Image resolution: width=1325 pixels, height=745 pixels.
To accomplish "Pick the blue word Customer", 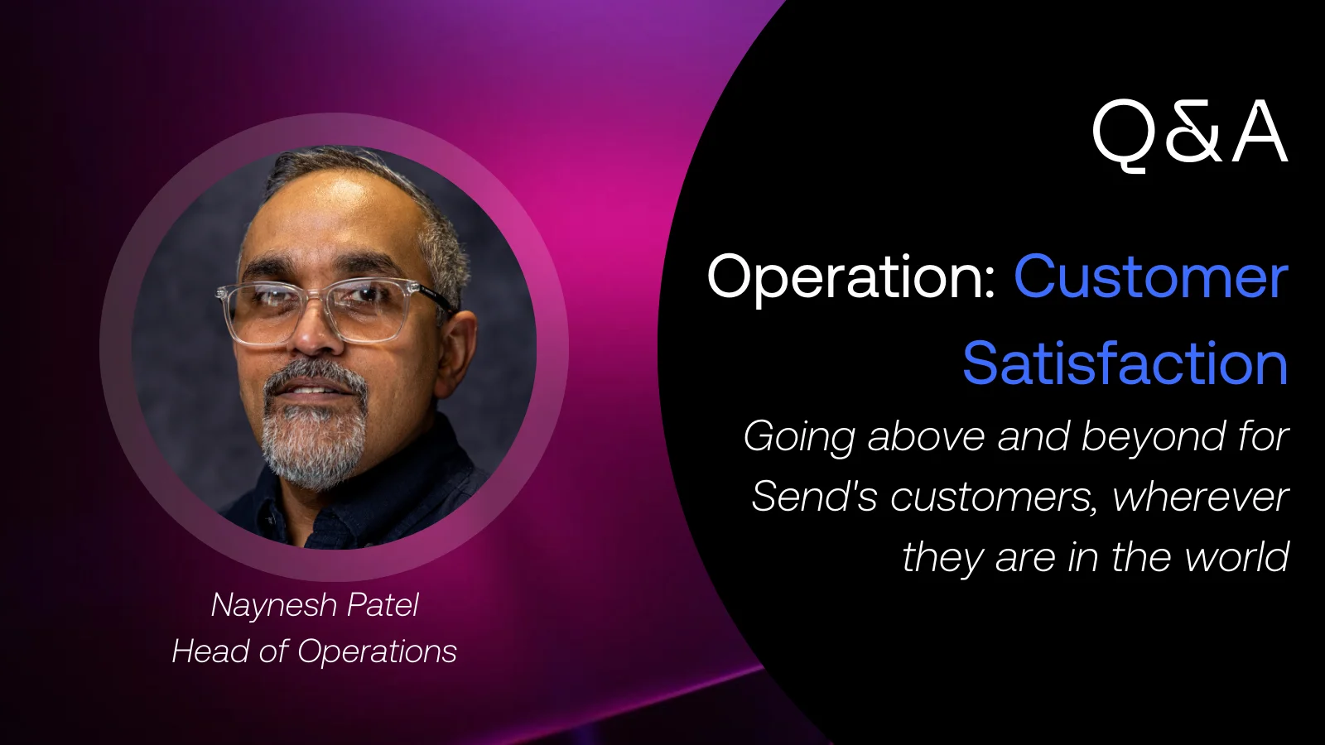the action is (1151, 276).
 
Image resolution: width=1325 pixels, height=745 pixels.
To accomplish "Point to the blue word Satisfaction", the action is (1125, 363).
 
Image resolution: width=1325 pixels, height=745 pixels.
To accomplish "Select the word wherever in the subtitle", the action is (1200, 497).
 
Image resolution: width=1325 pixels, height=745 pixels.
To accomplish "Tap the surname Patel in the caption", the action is (383, 604).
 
